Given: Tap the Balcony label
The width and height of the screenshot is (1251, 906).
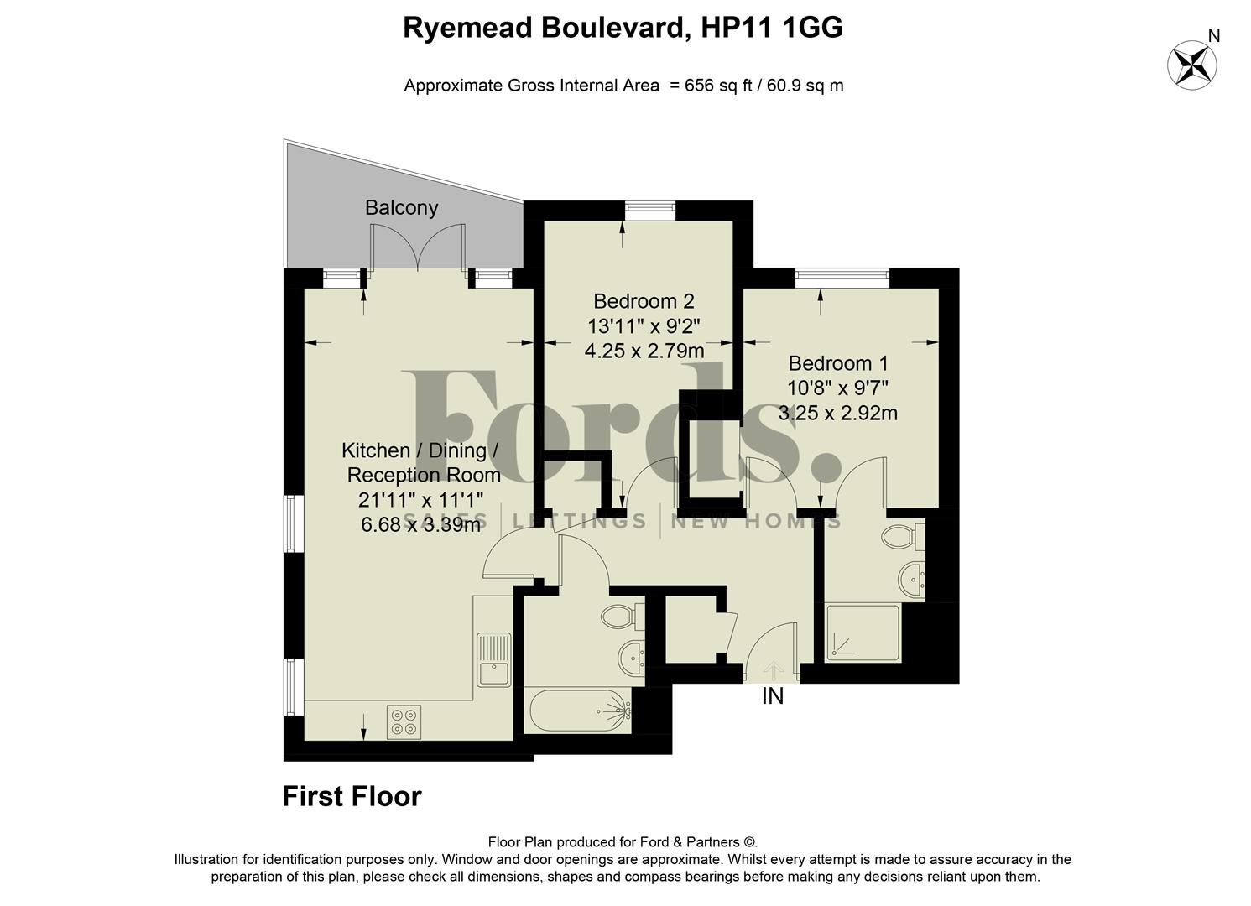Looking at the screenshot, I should [x=401, y=207].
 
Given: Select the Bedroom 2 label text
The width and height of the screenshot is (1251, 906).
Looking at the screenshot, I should [x=644, y=300].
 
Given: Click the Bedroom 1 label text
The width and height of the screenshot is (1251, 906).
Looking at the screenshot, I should [x=837, y=363].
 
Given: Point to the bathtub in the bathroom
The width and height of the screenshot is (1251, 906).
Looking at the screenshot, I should [x=579, y=711].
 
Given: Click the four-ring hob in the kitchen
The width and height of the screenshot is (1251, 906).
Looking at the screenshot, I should [x=404, y=721].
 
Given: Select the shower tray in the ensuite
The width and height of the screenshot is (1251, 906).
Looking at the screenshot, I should [x=862, y=632].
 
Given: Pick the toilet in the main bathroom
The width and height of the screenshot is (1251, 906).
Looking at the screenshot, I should [x=622, y=617].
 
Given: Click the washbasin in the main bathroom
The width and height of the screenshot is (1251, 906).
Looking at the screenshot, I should [x=632, y=653].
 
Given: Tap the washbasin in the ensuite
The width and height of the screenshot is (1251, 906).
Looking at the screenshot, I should [x=911, y=576].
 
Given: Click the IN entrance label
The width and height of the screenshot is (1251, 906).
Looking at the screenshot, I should [x=772, y=696].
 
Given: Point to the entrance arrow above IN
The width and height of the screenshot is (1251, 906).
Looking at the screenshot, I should [x=772, y=669].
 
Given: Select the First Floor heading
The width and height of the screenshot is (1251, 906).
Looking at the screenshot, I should [x=352, y=796].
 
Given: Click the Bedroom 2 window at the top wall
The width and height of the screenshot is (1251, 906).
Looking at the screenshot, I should [x=650, y=210].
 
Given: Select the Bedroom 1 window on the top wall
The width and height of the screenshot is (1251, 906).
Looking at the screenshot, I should [x=842, y=278].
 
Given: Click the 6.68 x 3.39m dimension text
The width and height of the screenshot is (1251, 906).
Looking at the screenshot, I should [x=420, y=525].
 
